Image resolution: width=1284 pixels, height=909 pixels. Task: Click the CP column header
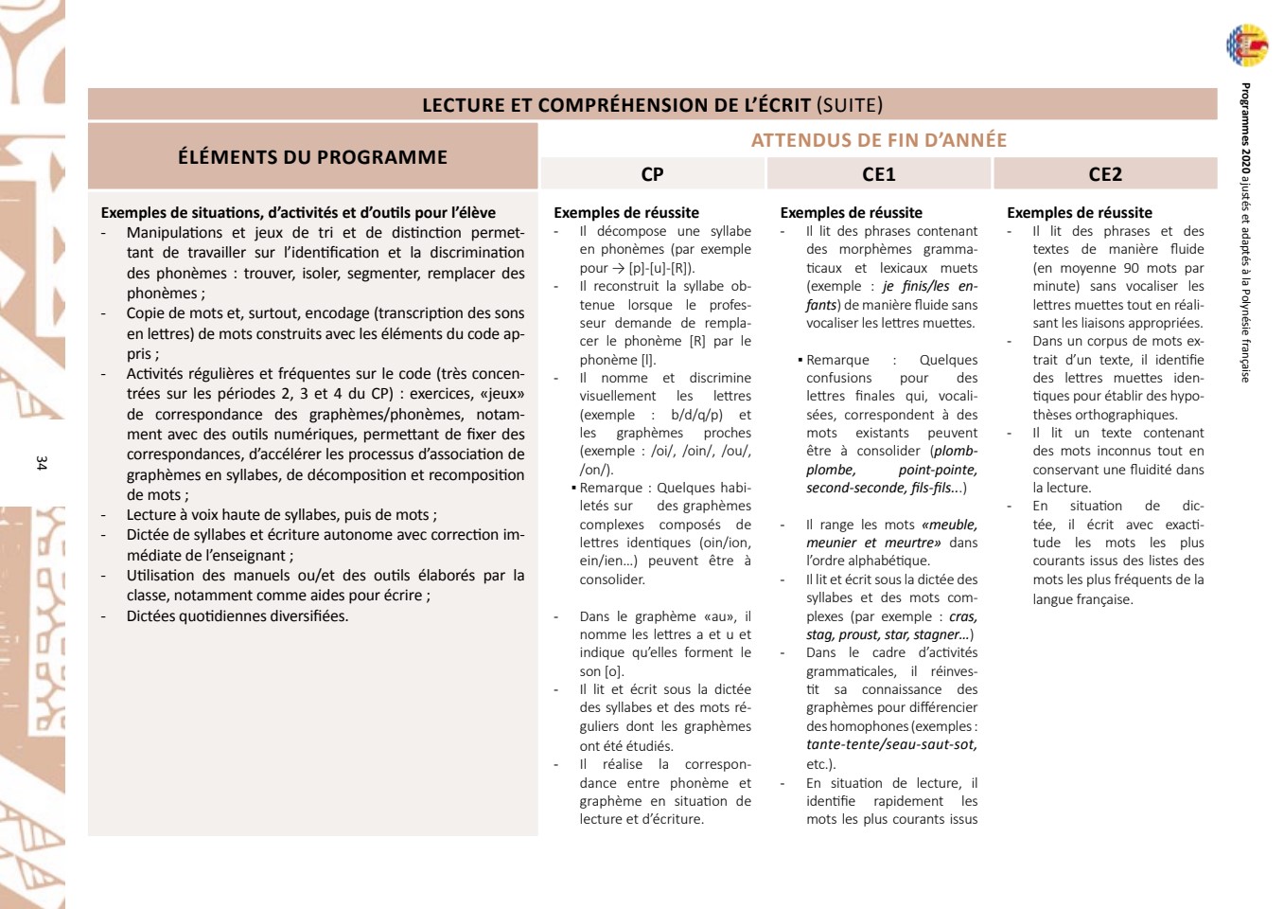point(652,174)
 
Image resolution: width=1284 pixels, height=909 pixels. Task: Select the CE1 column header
point(878,174)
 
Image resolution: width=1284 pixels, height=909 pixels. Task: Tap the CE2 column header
point(1104,174)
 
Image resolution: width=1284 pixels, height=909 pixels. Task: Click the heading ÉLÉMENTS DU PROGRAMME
point(312,157)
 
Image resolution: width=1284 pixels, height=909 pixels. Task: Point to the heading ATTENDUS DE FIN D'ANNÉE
point(878,140)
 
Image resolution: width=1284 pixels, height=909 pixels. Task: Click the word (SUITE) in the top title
point(849,105)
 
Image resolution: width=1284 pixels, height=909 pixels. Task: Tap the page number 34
point(41,463)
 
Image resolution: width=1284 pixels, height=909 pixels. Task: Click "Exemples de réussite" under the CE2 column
point(1079,213)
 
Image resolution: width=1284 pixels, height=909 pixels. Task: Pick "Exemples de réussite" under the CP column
point(625,213)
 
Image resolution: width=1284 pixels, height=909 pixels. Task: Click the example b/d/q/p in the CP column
point(696,415)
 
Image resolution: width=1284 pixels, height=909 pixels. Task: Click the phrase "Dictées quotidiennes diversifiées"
point(237,616)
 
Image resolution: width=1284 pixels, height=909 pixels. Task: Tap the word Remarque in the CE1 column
point(837,360)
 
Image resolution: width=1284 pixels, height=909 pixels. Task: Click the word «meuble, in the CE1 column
point(949,525)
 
